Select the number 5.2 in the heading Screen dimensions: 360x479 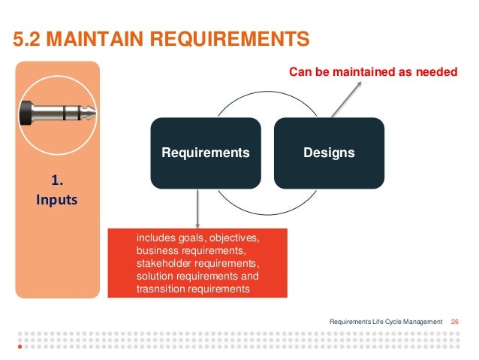point(29,38)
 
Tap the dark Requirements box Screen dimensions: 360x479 point(205,153)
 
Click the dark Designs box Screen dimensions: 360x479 point(329,153)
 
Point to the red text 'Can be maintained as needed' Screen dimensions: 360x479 point(373,72)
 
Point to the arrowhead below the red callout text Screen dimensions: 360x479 point(359,83)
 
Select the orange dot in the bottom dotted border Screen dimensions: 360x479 point(20,348)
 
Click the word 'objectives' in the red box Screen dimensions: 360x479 point(233,238)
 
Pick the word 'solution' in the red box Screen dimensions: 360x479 point(155,274)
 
